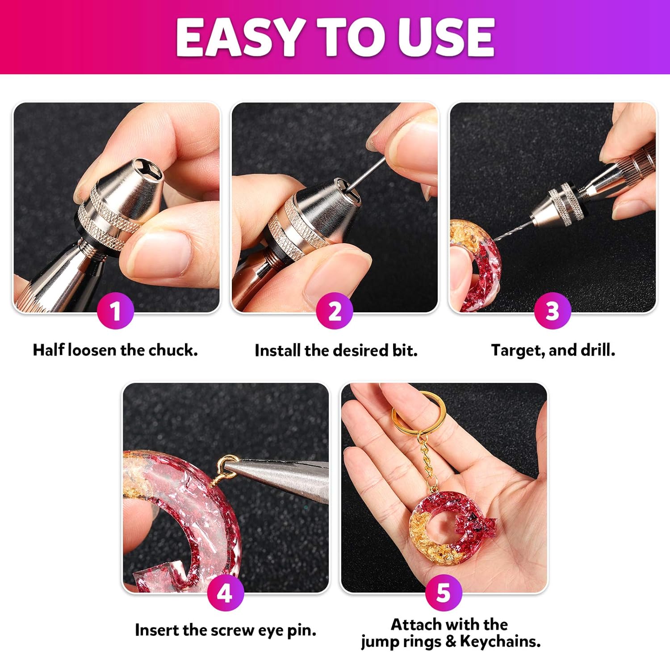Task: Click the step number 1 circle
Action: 115,311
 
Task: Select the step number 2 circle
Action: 335,311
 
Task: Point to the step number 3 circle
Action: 553,311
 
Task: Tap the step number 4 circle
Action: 225,593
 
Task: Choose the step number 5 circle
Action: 443,593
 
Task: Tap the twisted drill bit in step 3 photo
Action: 514,230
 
